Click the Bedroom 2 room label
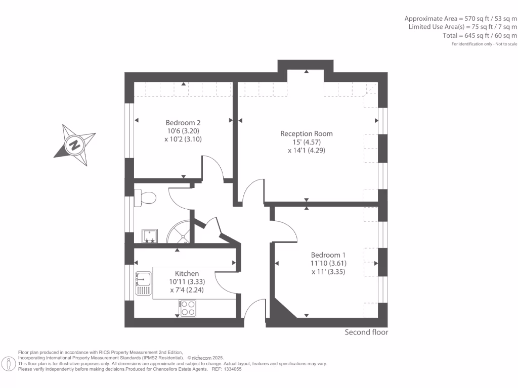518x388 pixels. [183, 123]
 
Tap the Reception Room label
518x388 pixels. [307, 134]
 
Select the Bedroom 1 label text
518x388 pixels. [329, 255]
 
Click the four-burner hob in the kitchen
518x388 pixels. [188, 308]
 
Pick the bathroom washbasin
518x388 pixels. [150, 235]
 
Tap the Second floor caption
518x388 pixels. [366, 332]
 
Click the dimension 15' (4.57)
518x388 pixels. [307, 142]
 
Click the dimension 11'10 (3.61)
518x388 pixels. [329, 263]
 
